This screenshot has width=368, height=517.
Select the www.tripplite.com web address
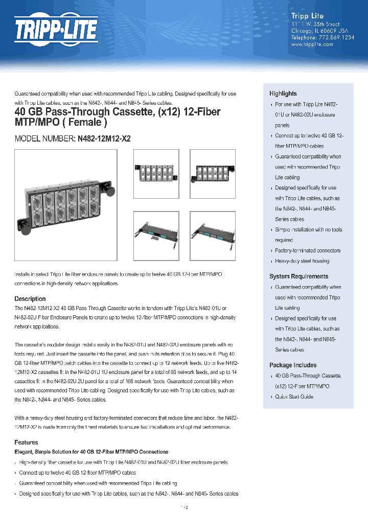point(312,44)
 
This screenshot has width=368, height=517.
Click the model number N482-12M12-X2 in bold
point(104,138)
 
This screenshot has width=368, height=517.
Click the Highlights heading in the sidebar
point(283,93)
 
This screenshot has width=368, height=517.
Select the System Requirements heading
point(298,276)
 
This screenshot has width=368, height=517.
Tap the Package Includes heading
point(292,365)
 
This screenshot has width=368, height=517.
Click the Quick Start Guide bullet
point(294,397)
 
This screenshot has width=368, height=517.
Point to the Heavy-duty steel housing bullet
point(302,261)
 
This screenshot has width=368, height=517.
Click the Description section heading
point(30,299)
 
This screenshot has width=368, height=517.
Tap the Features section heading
point(27,442)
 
